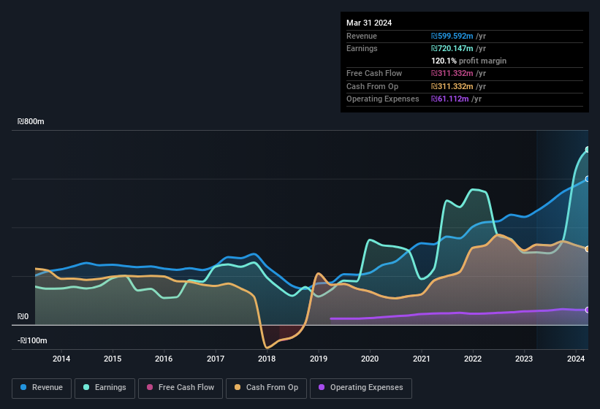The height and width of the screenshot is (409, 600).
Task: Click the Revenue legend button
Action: tap(42, 387)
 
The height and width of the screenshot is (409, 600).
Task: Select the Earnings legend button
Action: tap(105, 387)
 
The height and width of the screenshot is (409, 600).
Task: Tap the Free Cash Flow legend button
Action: tap(181, 387)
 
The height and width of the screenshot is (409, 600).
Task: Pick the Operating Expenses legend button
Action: tap(360, 387)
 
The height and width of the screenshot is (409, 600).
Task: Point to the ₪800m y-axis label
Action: tap(31, 122)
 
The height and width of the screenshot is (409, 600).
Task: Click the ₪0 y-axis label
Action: tap(23, 317)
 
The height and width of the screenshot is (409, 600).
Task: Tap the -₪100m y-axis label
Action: tap(32, 340)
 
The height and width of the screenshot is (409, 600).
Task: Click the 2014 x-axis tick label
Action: tap(61, 359)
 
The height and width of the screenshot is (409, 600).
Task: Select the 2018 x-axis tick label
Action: tap(267, 359)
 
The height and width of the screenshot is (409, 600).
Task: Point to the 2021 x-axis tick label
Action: tap(421, 359)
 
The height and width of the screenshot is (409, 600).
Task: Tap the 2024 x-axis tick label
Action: tap(575, 359)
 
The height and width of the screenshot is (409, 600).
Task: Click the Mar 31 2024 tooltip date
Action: tap(369, 23)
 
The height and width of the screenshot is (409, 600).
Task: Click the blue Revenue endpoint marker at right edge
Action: tap(588, 179)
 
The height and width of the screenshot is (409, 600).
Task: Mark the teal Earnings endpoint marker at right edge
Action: tap(588, 150)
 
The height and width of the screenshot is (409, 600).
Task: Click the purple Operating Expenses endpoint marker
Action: tap(588, 310)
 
